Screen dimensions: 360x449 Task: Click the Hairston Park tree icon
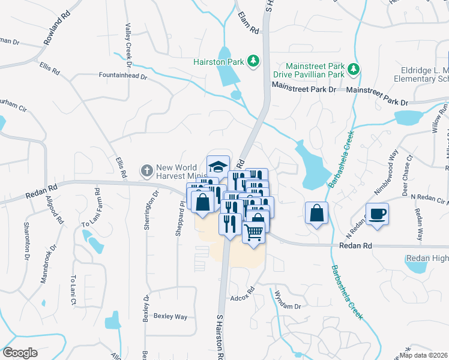[x=254, y=61]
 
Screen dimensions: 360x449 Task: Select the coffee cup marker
[x=377, y=214]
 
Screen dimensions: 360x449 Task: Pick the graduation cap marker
[x=218, y=166]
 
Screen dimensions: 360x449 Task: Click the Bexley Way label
[x=170, y=316]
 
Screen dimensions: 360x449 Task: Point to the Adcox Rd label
[x=243, y=298]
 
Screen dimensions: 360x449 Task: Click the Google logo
[x=20, y=353]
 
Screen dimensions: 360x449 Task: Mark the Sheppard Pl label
[x=178, y=218]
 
